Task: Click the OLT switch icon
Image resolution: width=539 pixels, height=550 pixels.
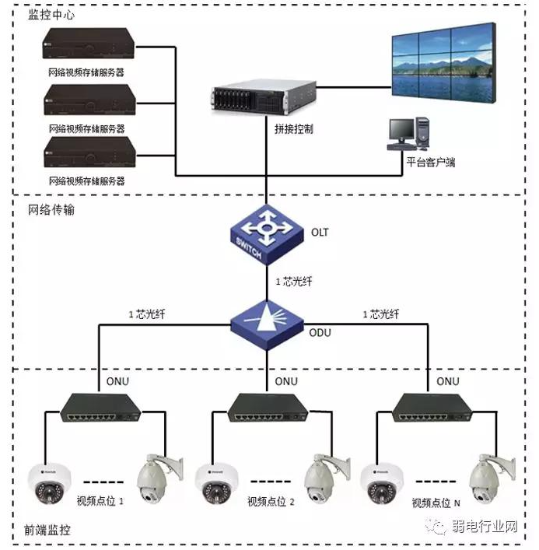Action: click(x=267, y=235)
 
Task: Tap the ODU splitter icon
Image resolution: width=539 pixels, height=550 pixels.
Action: click(x=267, y=325)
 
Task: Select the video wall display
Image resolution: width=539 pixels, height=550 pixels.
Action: click(x=443, y=63)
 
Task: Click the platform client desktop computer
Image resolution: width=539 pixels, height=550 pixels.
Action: click(x=408, y=134)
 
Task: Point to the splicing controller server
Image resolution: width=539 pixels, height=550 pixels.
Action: click(x=264, y=97)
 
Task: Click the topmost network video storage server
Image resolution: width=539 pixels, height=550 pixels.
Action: click(x=89, y=44)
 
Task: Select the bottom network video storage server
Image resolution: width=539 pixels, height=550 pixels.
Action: click(x=89, y=152)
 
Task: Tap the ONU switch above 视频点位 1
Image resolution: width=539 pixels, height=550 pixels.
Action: click(x=100, y=408)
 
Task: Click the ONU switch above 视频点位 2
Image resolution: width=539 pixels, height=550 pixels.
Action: click(x=268, y=408)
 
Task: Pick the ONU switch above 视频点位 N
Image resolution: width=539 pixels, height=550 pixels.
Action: click(x=432, y=408)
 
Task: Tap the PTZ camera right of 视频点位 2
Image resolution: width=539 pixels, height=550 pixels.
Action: click(x=327, y=478)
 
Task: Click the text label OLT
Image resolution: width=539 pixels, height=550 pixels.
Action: click(x=320, y=232)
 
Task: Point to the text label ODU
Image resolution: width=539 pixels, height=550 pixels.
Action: click(x=320, y=332)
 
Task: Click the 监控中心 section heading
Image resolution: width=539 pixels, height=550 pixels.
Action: click(x=51, y=15)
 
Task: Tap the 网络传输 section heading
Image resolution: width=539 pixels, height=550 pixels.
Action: click(x=51, y=210)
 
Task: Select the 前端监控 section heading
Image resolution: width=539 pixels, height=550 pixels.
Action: click(x=47, y=530)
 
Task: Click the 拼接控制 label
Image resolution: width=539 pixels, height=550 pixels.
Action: click(x=294, y=129)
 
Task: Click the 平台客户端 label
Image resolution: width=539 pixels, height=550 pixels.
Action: click(x=431, y=162)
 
